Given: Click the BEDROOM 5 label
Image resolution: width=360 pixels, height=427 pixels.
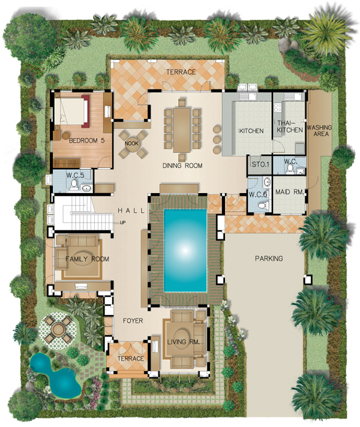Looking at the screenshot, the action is [x=86, y=140].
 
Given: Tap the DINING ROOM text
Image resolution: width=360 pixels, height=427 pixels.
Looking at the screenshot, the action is [x=182, y=166].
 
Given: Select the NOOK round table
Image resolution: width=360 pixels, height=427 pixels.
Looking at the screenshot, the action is [x=132, y=143].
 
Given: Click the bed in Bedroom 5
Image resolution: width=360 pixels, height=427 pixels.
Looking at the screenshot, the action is [x=71, y=111].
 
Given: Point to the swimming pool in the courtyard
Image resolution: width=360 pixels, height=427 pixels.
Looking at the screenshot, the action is [x=185, y=250].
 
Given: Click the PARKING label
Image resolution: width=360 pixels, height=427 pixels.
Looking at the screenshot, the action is [x=269, y=258].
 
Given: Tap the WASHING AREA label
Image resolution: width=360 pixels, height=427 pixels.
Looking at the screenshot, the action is [x=319, y=131].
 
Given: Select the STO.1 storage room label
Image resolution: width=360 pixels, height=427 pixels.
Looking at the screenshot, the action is [x=260, y=164].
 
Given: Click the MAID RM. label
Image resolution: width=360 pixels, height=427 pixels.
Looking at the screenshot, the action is [x=289, y=192].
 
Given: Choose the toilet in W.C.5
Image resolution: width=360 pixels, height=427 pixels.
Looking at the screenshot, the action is [x=73, y=184].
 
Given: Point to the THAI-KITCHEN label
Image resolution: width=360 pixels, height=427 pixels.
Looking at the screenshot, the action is [x=290, y=127].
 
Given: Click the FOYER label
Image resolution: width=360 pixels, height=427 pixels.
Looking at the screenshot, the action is [x=133, y=321].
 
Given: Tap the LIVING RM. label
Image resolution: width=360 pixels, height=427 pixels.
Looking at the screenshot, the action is [x=183, y=342].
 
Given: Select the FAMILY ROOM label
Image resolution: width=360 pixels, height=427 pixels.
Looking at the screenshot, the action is [x=87, y=259].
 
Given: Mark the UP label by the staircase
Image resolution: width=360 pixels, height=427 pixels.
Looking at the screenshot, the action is [x=122, y=222].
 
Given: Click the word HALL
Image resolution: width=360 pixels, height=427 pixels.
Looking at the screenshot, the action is [x=131, y=211].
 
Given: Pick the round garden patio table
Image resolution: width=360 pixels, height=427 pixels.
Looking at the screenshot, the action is [x=58, y=329].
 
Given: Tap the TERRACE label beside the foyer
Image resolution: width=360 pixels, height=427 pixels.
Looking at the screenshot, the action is [x=131, y=359].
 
